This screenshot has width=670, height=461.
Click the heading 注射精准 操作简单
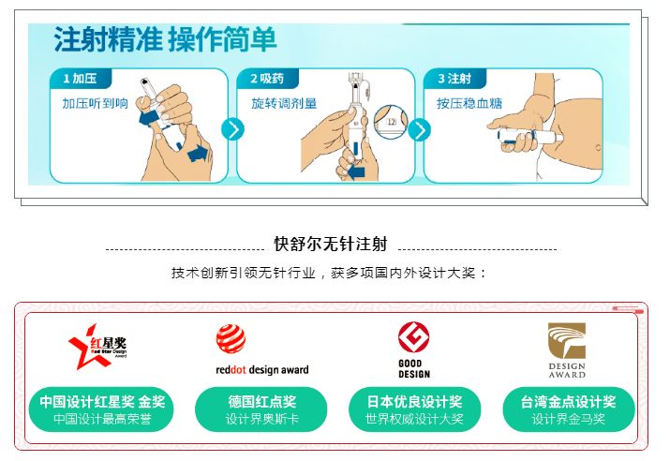point(165,39)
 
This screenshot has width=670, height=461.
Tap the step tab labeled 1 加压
point(81,79)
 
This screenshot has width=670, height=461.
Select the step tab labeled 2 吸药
point(267,79)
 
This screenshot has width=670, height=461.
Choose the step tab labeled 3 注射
point(454,79)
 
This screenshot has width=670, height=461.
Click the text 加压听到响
point(96,103)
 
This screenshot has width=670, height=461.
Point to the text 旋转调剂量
point(284,103)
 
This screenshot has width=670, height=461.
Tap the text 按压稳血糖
point(469,103)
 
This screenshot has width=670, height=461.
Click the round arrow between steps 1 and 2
point(233,130)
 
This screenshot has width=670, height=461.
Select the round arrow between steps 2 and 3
point(420,130)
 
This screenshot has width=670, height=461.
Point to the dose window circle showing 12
point(391,122)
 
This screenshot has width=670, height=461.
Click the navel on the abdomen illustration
point(598,148)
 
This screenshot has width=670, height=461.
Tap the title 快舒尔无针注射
point(331,244)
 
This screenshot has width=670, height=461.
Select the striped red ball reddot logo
point(231,339)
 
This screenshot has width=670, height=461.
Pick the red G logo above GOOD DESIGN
point(413,336)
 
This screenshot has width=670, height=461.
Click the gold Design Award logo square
point(567,340)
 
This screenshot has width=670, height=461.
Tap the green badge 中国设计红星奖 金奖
point(101,409)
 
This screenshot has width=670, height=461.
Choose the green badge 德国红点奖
point(261,409)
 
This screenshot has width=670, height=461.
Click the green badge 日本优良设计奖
point(414,409)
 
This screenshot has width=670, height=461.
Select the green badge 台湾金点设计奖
point(568,409)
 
